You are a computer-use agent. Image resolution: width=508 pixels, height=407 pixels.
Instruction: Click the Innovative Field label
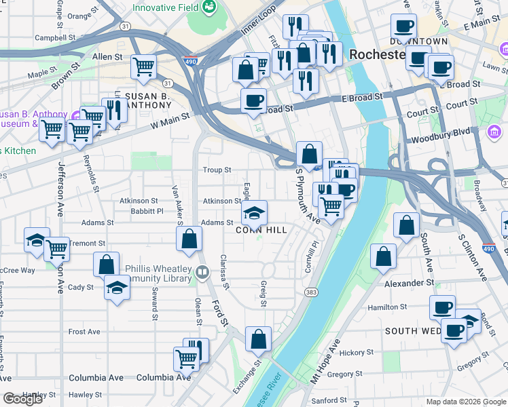[x=165, y=7]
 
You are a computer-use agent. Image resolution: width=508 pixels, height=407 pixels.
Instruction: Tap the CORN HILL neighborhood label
[x=261, y=231]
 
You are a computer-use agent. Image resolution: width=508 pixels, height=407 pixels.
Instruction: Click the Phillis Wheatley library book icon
[x=202, y=273]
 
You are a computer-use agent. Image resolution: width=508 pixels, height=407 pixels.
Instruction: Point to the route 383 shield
[x=311, y=292]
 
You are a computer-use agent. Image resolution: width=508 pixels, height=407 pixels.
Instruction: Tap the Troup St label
[x=217, y=170]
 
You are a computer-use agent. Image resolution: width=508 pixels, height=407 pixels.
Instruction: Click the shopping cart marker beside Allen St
[x=144, y=66]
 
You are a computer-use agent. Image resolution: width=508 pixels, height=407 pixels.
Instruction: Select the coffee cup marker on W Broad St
[x=254, y=101]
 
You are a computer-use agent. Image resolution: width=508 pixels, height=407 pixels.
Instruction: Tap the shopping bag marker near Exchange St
[x=259, y=339]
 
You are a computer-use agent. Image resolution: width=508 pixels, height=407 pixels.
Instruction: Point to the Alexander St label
[x=410, y=282]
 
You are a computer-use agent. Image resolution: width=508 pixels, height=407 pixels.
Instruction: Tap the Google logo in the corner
[x=22, y=399]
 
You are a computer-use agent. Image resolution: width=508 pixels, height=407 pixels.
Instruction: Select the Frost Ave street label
[x=84, y=332]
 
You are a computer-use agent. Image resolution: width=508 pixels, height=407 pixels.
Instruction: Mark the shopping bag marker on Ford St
[x=189, y=238]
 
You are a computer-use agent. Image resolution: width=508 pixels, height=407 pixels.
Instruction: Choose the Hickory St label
[x=352, y=353]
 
